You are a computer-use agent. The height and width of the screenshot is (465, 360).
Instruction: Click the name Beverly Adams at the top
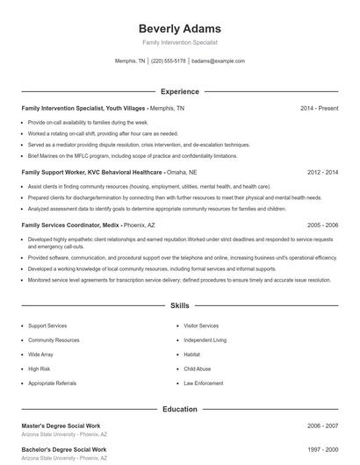click(x=179, y=28)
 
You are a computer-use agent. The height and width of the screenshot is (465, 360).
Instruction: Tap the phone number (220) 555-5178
click(x=169, y=61)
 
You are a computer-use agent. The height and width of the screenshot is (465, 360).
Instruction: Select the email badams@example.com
click(x=218, y=61)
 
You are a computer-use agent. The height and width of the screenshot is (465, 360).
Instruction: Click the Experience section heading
click(x=179, y=91)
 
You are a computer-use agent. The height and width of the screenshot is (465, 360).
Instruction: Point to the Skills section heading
click(x=179, y=306)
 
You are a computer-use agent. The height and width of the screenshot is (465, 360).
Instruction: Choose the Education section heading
click(x=179, y=409)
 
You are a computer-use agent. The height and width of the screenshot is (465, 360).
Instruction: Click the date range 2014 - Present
click(x=319, y=108)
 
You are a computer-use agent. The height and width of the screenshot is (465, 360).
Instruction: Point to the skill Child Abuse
click(x=197, y=369)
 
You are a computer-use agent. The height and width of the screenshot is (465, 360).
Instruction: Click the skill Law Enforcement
click(x=203, y=383)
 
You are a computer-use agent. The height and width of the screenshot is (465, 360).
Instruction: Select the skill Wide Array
click(x=40, y=354)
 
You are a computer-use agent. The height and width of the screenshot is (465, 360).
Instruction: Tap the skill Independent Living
click(x=205, y=340)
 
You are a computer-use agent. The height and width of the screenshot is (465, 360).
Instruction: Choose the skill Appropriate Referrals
click(x=52, y=383)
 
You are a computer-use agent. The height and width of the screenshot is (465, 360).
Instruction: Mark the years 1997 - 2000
click(x=321, y=449)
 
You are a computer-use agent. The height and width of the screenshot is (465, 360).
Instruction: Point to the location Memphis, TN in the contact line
click(x=130, y=61)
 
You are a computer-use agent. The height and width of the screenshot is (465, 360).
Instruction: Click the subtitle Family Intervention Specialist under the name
click(x=179, y=42)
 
